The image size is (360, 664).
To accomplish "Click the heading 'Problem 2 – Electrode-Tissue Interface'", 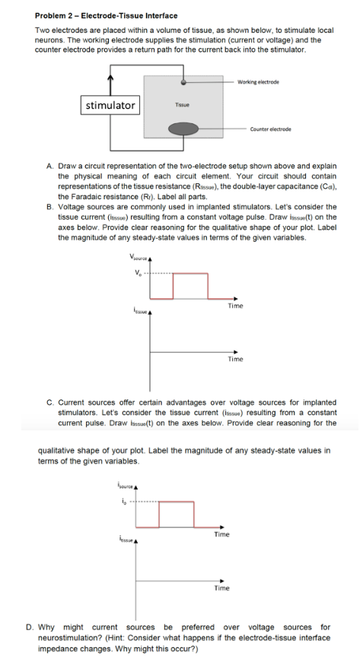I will tap(106, 15).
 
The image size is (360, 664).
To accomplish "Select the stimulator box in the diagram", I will tap(110, 105).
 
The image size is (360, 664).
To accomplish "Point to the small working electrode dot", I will tap(183, 81).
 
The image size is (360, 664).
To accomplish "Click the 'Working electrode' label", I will tap(258, 82).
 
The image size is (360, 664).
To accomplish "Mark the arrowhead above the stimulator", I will tap(110, 75).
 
